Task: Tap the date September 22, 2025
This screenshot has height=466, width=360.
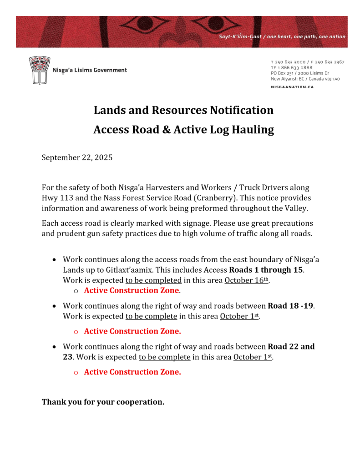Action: point(77,158)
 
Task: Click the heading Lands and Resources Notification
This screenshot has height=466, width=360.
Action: point(183,110)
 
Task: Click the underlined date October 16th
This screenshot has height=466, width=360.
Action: point(247,280)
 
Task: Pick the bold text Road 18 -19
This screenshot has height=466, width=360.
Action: point(290,305)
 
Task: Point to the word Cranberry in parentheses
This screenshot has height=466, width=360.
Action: point(211,198)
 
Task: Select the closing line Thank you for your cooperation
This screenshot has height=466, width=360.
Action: point(103,402)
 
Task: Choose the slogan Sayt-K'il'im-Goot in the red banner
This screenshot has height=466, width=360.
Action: point(240,37)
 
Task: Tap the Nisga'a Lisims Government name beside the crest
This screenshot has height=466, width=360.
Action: point(90,70)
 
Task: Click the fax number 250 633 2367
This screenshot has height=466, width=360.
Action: point(328,62)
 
